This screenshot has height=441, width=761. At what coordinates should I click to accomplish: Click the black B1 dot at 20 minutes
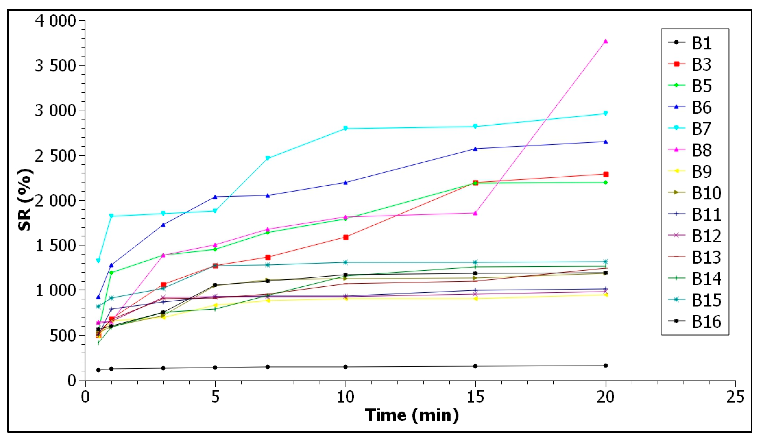coord(606,365)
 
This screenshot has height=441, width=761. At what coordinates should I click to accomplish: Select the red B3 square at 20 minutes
coord(606,174)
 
